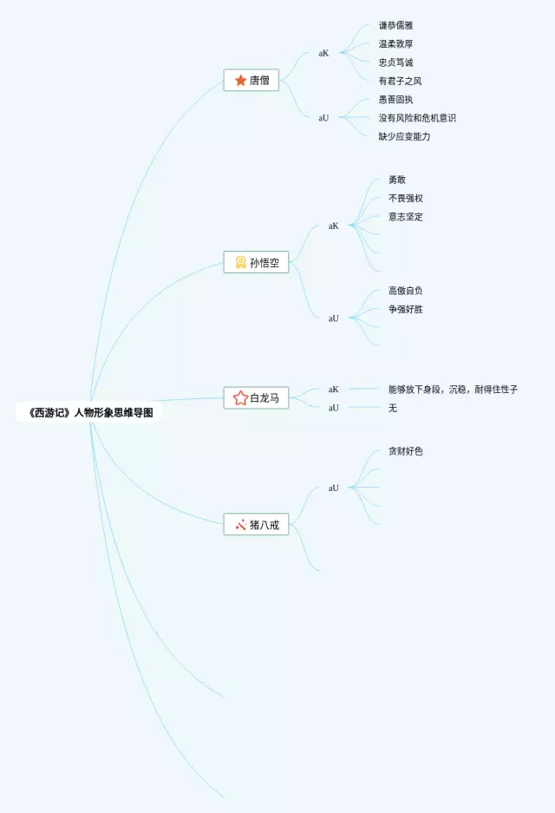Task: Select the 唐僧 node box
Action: (251, 81)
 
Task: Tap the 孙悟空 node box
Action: (256, 263)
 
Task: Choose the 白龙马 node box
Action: (256, 398)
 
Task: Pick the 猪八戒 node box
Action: (256, 524)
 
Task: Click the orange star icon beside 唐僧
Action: (240, 81)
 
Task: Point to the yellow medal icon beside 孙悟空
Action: (240, 262)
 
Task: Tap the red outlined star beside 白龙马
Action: (240, 398)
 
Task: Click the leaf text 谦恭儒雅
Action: (395, 26)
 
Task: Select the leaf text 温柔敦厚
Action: (395, 44)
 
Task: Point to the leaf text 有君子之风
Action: (400, 81)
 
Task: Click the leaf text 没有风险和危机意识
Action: (417, 118)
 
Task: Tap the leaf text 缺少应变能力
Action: (404, 136)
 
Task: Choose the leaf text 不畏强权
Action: (406, 199)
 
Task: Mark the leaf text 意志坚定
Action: (406, 217)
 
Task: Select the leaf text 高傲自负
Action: (406, 291)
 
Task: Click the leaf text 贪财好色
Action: (406, 451)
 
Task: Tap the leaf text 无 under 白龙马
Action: (393, 408)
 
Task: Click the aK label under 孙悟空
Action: (334, 226)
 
